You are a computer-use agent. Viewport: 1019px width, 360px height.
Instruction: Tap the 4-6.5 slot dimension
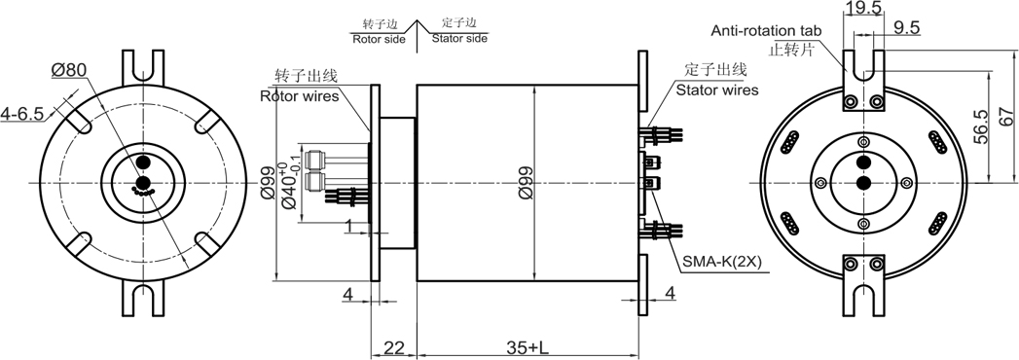pos(22,115)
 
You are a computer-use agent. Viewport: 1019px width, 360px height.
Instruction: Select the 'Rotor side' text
pos(379,39)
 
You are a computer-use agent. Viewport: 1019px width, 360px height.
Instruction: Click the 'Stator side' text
pos(459,39)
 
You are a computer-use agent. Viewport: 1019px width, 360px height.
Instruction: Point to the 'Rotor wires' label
pos(300,97)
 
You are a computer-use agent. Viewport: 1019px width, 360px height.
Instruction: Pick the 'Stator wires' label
pos(717,90)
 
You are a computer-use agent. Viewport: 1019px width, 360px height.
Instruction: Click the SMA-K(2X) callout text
pos(723,263)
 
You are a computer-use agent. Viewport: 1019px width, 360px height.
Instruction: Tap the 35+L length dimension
pos(528,348)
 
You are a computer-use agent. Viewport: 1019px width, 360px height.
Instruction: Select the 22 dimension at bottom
pos(393,348)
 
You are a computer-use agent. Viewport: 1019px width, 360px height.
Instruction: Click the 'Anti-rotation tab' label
pos(766,30)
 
